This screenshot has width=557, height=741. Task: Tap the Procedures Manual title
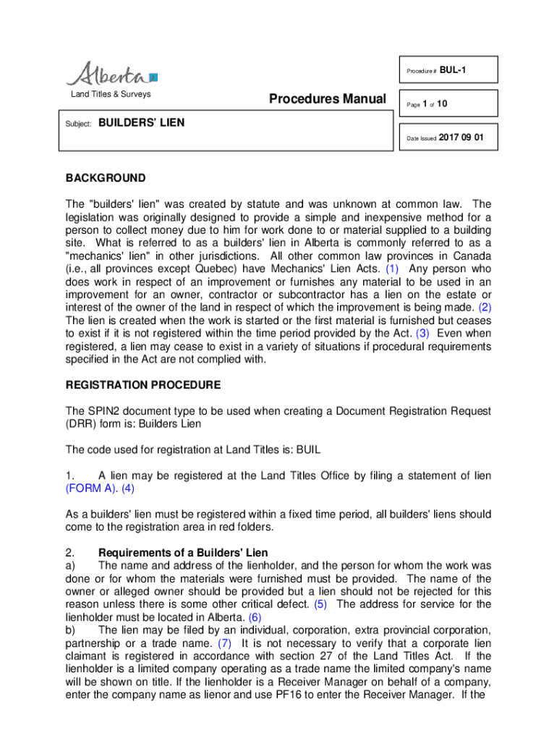point(327,98)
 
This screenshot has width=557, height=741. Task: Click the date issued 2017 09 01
point(462,137)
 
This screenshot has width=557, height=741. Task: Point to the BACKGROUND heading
point(106,178)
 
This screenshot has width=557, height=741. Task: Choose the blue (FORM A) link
point(92,488)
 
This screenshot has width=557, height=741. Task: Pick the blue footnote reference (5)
point(320,604)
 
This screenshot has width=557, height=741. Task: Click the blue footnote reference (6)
point(255,617)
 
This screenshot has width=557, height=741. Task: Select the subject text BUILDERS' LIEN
point(142,123)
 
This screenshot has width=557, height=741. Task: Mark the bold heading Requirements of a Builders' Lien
point(183,552)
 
